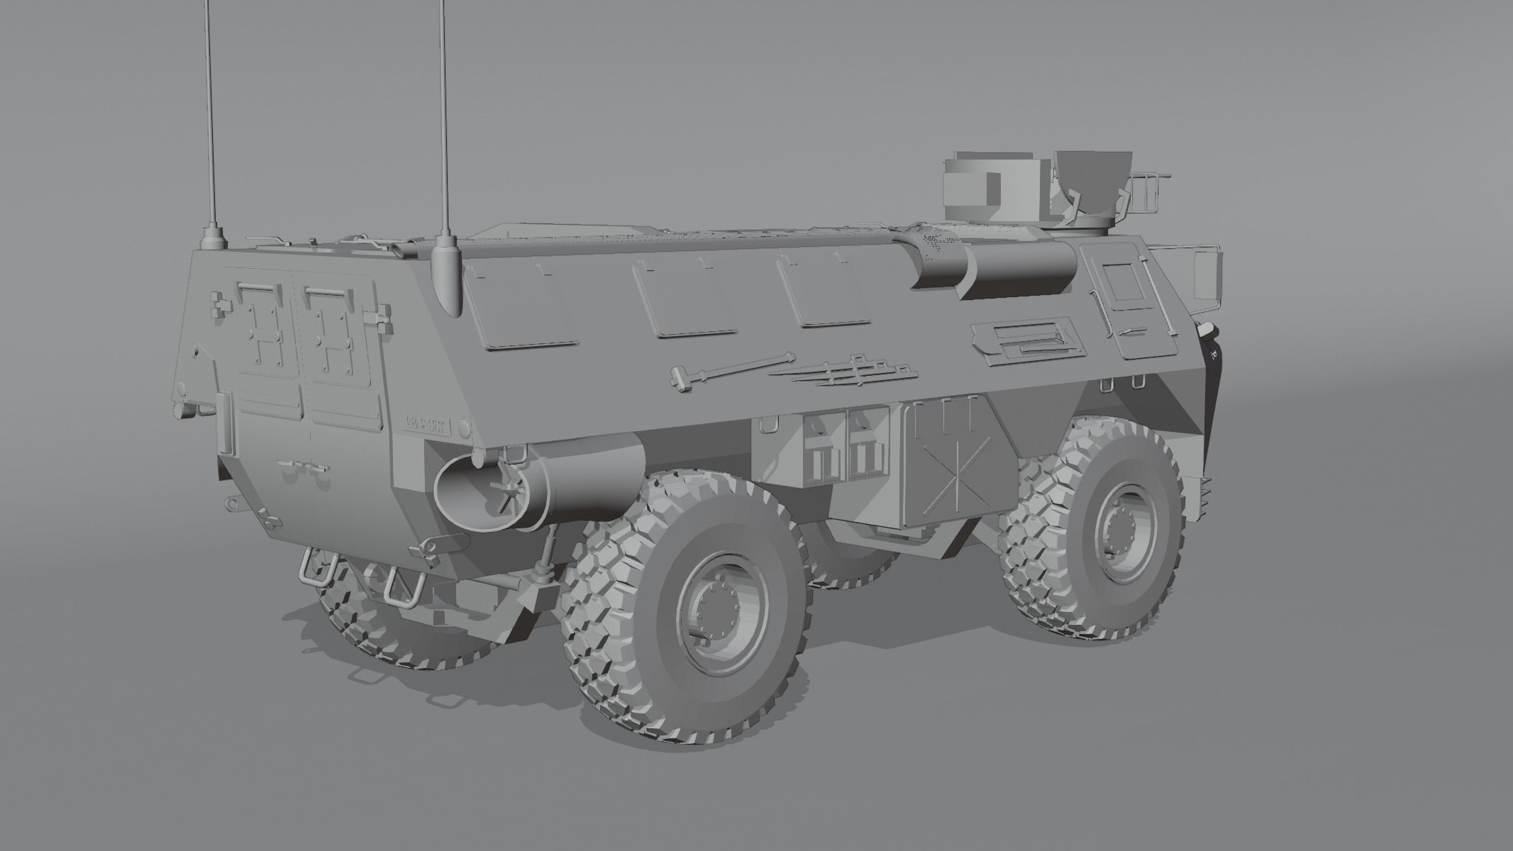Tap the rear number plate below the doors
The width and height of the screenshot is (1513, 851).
click(x=428, y=425)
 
